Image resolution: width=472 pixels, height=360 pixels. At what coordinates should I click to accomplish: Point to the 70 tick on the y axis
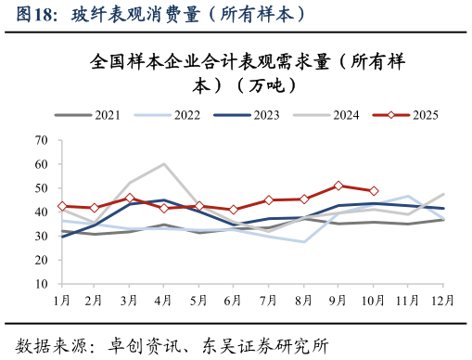point(42,140)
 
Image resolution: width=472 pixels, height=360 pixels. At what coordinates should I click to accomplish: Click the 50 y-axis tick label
point(42,188)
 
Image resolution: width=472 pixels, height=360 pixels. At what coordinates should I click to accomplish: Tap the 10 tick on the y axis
point(42,284)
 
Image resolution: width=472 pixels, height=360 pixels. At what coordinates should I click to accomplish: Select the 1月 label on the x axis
point(62,301)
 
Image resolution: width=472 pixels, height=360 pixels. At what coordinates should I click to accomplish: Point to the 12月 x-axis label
point(442,301)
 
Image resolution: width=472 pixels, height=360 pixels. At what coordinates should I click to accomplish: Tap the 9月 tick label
point(339,301)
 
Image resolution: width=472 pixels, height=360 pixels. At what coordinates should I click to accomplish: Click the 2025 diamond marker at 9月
point(339,186)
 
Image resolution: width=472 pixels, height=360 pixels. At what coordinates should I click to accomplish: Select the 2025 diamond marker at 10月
point(374,191)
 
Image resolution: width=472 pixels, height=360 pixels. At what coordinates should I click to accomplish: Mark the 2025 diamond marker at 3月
point(131,198)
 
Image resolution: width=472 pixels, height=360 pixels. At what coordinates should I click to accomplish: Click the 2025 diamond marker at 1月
point(62,206)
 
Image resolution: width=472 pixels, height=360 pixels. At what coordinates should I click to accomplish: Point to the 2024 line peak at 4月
point(165,164)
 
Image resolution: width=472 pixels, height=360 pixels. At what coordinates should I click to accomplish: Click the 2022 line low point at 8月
point(304,242)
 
